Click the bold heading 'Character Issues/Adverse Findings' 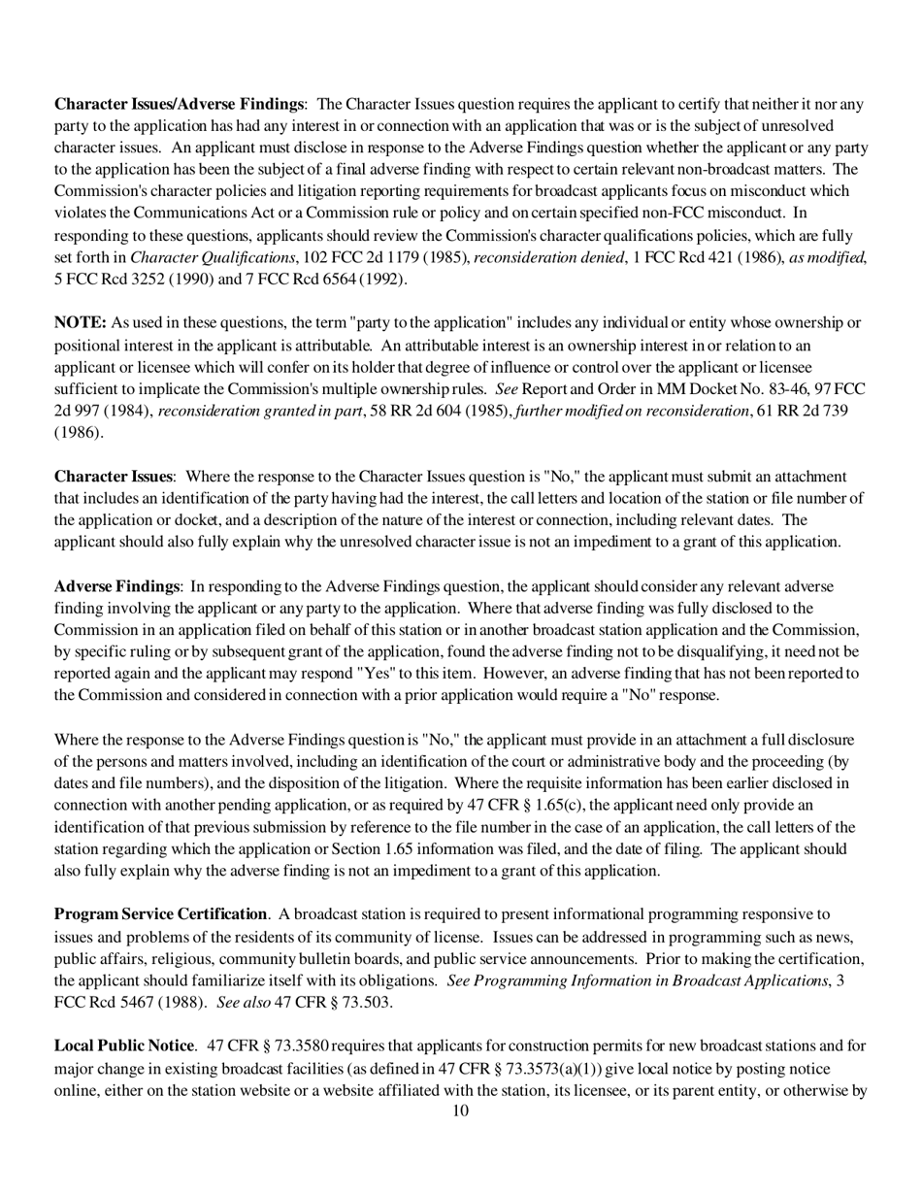click(x=179, y=104)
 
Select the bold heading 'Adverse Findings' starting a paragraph click(x=116, y=586)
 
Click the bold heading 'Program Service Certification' click(x=160, y=914)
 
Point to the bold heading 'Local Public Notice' click(x=124, y=1046)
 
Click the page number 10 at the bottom click(x=461, y=1111)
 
